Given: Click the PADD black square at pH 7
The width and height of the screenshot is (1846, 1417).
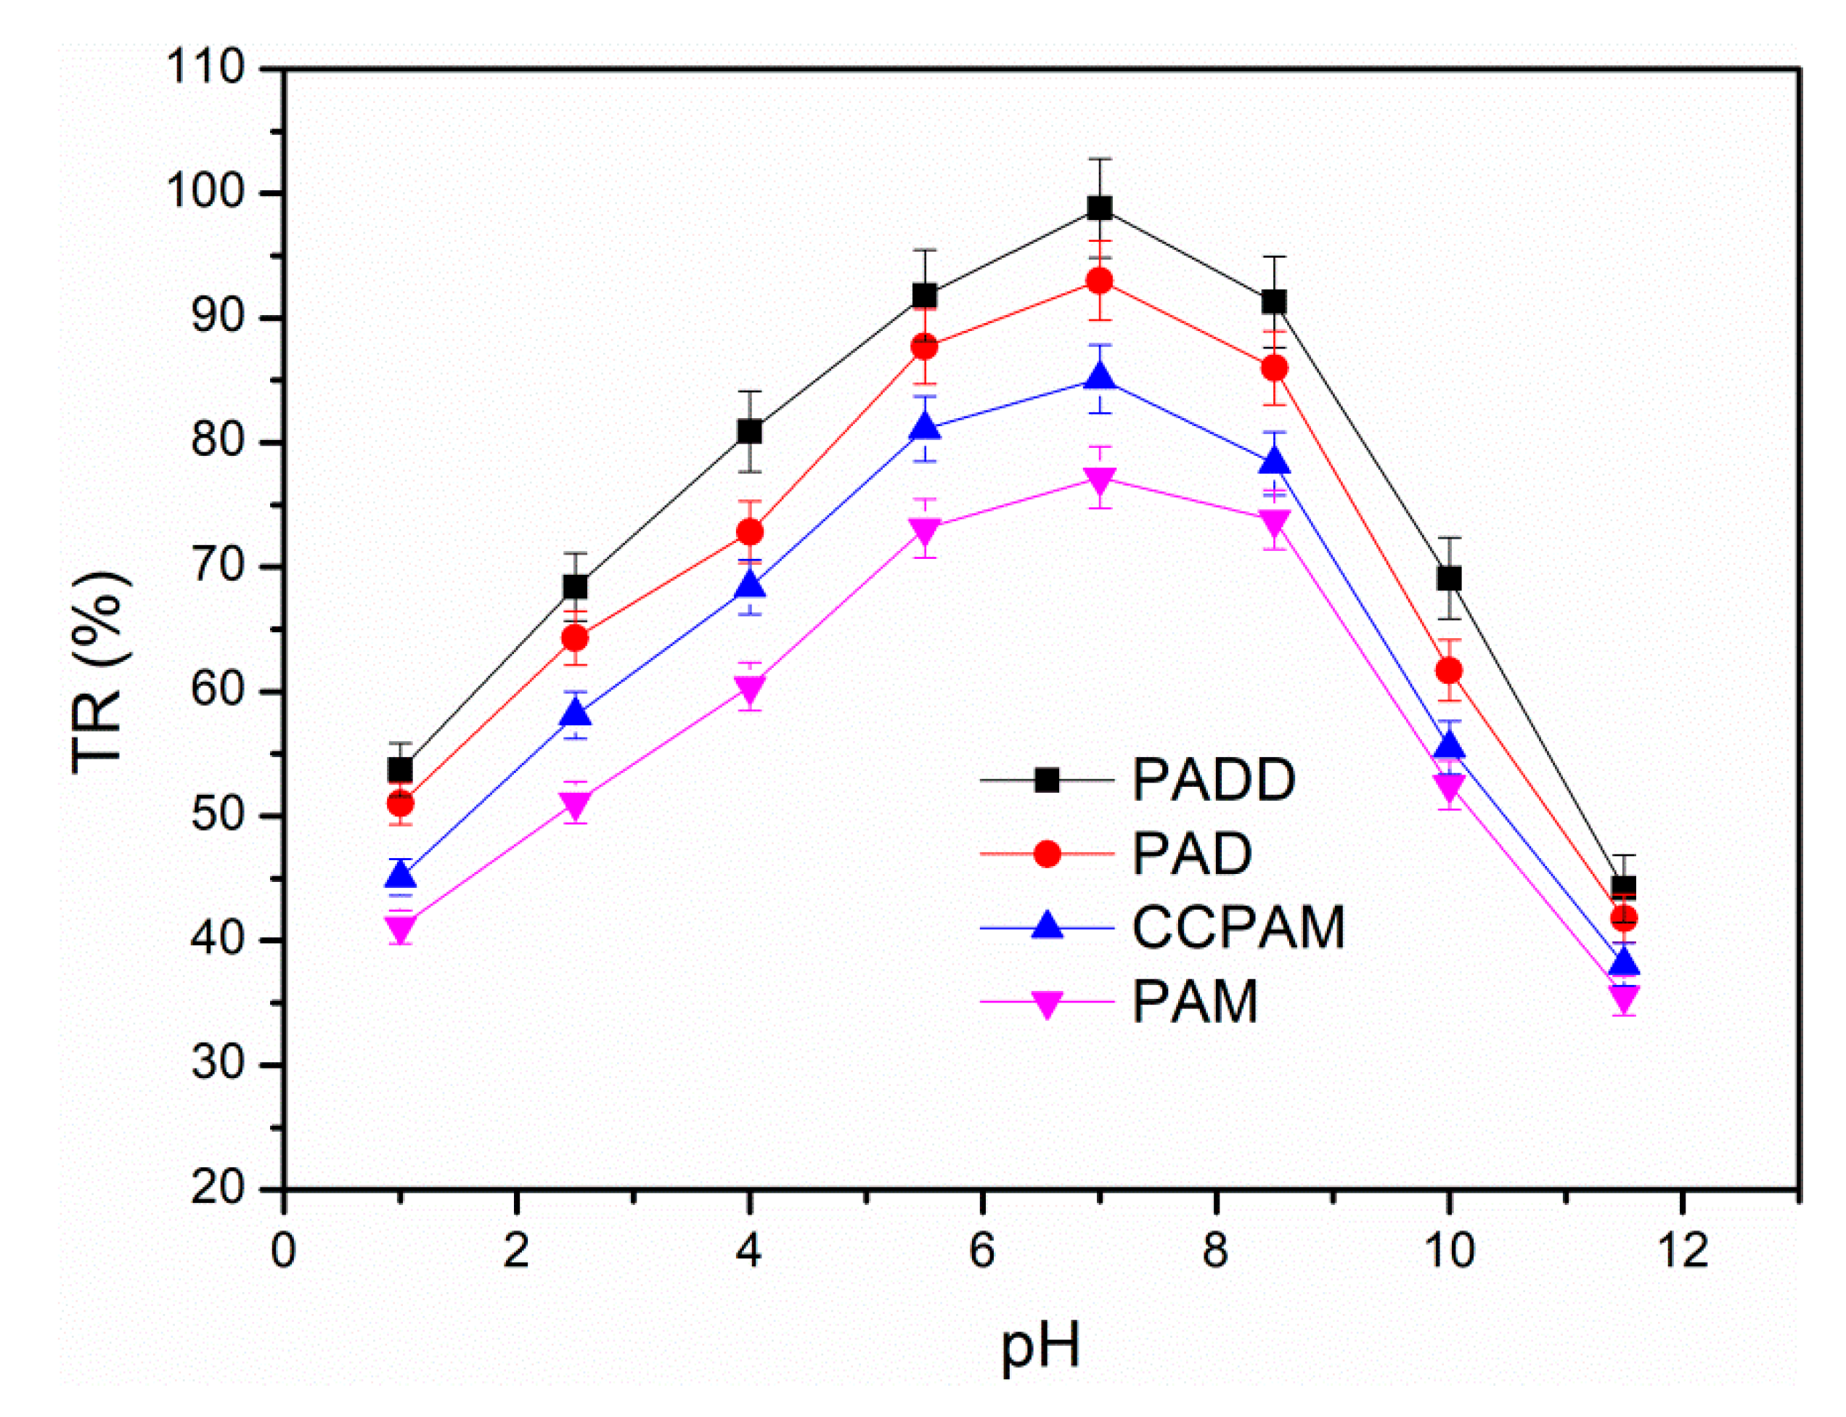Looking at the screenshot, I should point(1099,208).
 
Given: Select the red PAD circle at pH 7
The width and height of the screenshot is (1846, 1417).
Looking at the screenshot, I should point(1099,281).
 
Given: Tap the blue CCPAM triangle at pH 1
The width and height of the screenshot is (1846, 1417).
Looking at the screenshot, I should point(401,875).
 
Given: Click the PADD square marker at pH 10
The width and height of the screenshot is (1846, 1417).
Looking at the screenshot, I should point(1449,579).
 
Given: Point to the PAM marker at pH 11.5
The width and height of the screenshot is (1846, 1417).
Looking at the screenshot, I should point(1623,999).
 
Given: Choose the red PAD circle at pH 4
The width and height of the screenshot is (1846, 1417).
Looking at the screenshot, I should point(750,532).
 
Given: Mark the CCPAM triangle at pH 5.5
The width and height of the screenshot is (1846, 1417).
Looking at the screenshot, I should point(925,428).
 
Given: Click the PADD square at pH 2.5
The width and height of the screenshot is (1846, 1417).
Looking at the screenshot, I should point(575,587).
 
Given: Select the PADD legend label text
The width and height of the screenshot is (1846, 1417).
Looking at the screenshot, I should point(1213,780).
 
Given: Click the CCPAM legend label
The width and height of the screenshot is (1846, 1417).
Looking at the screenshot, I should point(1237,928).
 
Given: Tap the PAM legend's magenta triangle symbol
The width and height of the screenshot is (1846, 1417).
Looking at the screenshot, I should point(1047,1004).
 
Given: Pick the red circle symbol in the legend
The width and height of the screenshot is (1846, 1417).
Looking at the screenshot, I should point(1047,854).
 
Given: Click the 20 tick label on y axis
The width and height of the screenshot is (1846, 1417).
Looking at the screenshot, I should point(218,1189).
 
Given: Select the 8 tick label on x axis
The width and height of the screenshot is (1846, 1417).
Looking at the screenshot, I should point(1215,1251).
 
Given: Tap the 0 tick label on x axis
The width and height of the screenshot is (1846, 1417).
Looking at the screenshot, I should point(283,1251).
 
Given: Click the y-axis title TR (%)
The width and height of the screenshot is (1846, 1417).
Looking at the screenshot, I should point(99,672).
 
